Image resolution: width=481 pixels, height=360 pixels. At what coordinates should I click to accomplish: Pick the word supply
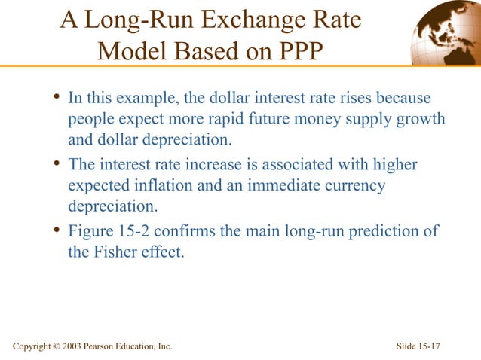click(362, 119)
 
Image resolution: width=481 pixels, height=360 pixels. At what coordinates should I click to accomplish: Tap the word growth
click(418, 119)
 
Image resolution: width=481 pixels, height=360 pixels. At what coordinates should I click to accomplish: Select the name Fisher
click(116, 252)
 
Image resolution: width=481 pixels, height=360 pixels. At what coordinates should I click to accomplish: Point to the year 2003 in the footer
click(65, 346)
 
